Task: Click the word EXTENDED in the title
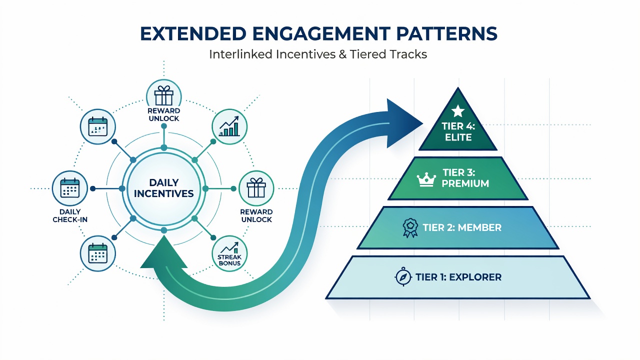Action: pyautogui.click(x=193, y=33)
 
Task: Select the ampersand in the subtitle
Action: pyautogui.click(x=342, y=54)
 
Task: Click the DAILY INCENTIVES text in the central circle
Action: pyautogui.click(x=163, y=188)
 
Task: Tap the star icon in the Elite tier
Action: pyautogui.click(x=457, y=111)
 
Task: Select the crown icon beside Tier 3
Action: pyautogui.click(x=426, y=179)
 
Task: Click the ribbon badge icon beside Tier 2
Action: pyautogui.click(x=410, y=227)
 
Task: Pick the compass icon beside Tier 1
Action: pyautogui.click(x=403, y=276)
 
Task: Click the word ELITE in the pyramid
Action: pyautogui.click(x=458, y=137)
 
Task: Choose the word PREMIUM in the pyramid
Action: pyautogui.click(x=465, y=183)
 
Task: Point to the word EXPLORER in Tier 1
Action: pyautogui.click(x=475, y=277)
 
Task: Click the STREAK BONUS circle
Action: pyautogui.click(x=229, y=253)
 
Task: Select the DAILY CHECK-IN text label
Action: pyautogui.click(x=70, y=215)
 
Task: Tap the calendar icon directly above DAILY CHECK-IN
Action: pyautogui.click(x=70, y=188)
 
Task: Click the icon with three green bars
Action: pyautogui.click(x=229, y=126)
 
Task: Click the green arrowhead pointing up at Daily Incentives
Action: pyautogui.click(x=163, y=252)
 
